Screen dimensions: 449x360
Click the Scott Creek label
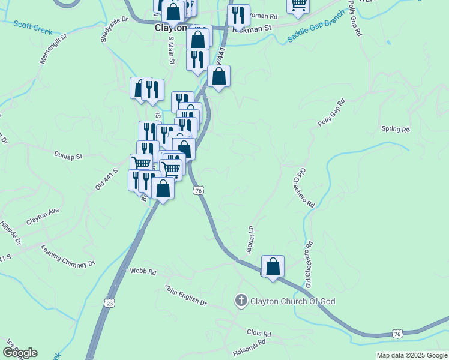33,27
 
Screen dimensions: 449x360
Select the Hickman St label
252,28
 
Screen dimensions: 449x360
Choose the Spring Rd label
395,129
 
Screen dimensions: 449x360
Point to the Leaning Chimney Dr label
68,256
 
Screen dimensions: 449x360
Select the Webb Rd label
143,272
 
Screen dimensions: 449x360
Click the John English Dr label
185,295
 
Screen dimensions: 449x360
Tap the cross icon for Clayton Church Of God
241,301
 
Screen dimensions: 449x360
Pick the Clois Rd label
259,333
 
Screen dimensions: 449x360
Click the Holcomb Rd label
236,349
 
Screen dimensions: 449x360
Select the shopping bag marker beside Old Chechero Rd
273,266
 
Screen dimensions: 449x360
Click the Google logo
20,353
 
